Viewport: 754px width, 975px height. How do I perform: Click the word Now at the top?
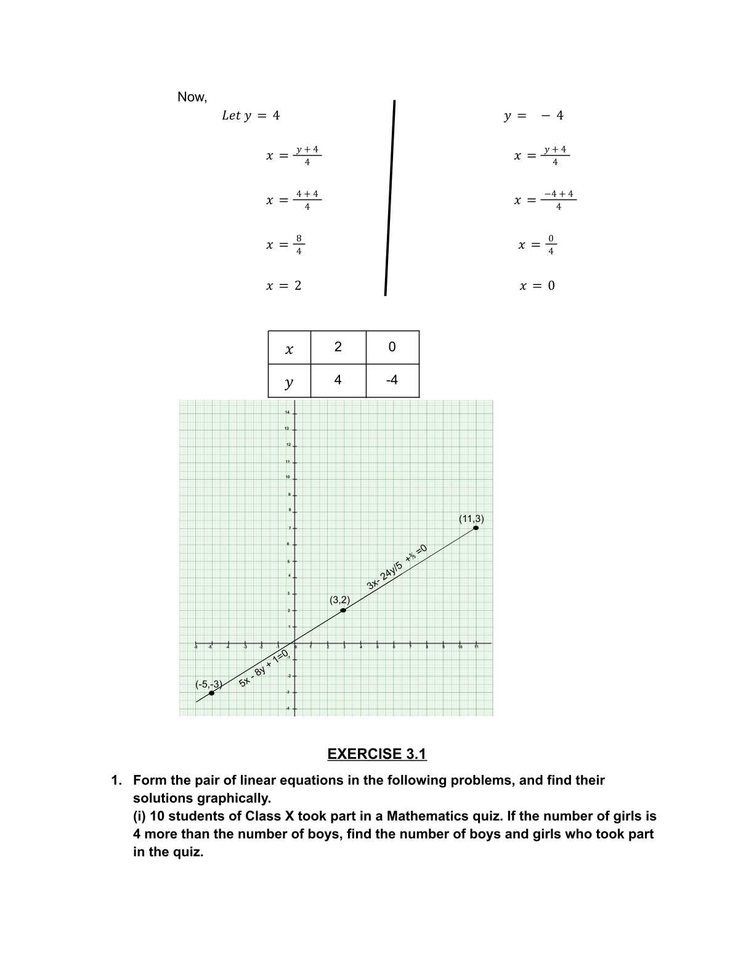coord(192,97)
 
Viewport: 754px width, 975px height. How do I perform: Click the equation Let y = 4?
coord(250,116)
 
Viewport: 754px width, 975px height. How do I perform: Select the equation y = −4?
coord(533,116)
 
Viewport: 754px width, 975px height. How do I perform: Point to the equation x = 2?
coord(283,286)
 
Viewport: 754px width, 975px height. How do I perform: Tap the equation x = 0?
coord(537,286)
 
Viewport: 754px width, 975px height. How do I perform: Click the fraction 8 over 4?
coord(299,245)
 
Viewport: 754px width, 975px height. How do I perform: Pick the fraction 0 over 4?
coord(551,245)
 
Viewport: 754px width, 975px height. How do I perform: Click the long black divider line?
coord(390,197)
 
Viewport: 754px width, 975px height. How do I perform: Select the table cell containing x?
coord(290,348)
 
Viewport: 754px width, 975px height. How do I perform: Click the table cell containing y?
coord(290,381)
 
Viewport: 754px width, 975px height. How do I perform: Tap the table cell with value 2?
coord(338,347)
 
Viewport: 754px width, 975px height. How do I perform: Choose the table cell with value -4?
coord(392,380)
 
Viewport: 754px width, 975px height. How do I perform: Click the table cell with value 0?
coord(392,347)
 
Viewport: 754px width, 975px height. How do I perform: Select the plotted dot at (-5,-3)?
coord(211,693)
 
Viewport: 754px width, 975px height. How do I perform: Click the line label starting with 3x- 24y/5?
coord(397,568)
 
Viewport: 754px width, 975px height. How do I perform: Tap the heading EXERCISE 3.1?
coord(376,754)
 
